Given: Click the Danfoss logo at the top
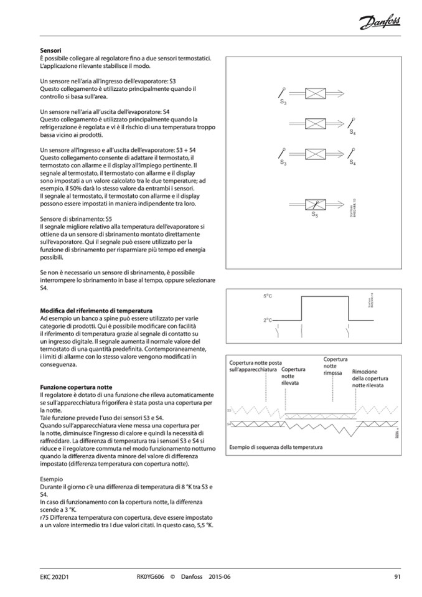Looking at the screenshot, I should pos(380,23).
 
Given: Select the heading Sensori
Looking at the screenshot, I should pos(51,50).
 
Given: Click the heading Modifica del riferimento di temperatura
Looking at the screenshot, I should pos(96,310).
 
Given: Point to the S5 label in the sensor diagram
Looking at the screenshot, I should pos(315,215).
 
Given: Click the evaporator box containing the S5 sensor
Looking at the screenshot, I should pos(316,204).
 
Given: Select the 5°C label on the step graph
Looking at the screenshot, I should pos(269,296).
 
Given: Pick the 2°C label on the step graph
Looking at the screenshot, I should pos(269,320).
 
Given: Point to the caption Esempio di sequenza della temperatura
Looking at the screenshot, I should pos(276,448).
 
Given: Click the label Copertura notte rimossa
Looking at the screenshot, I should pos(335,366).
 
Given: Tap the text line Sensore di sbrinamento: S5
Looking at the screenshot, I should pos(75,220).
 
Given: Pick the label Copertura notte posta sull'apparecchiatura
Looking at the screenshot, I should pos(255,366).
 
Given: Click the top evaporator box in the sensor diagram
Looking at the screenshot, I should pos(316,93).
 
